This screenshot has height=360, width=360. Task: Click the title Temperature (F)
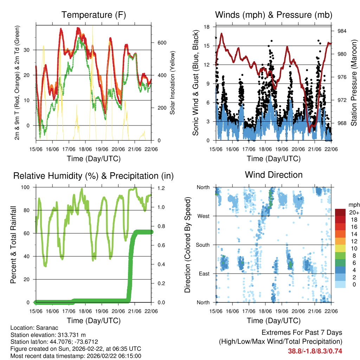(94, 15)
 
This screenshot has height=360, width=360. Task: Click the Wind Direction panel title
(274, 175)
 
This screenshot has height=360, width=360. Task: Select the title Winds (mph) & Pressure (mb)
(274, 15)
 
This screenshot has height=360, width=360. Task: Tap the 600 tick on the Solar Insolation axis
(157, 43)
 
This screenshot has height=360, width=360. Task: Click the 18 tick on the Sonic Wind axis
(207, 27)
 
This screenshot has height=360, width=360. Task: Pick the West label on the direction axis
(203, 216)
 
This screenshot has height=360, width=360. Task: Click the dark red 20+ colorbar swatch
(340, 213)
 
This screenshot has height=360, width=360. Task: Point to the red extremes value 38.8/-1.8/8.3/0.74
(315, 351)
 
